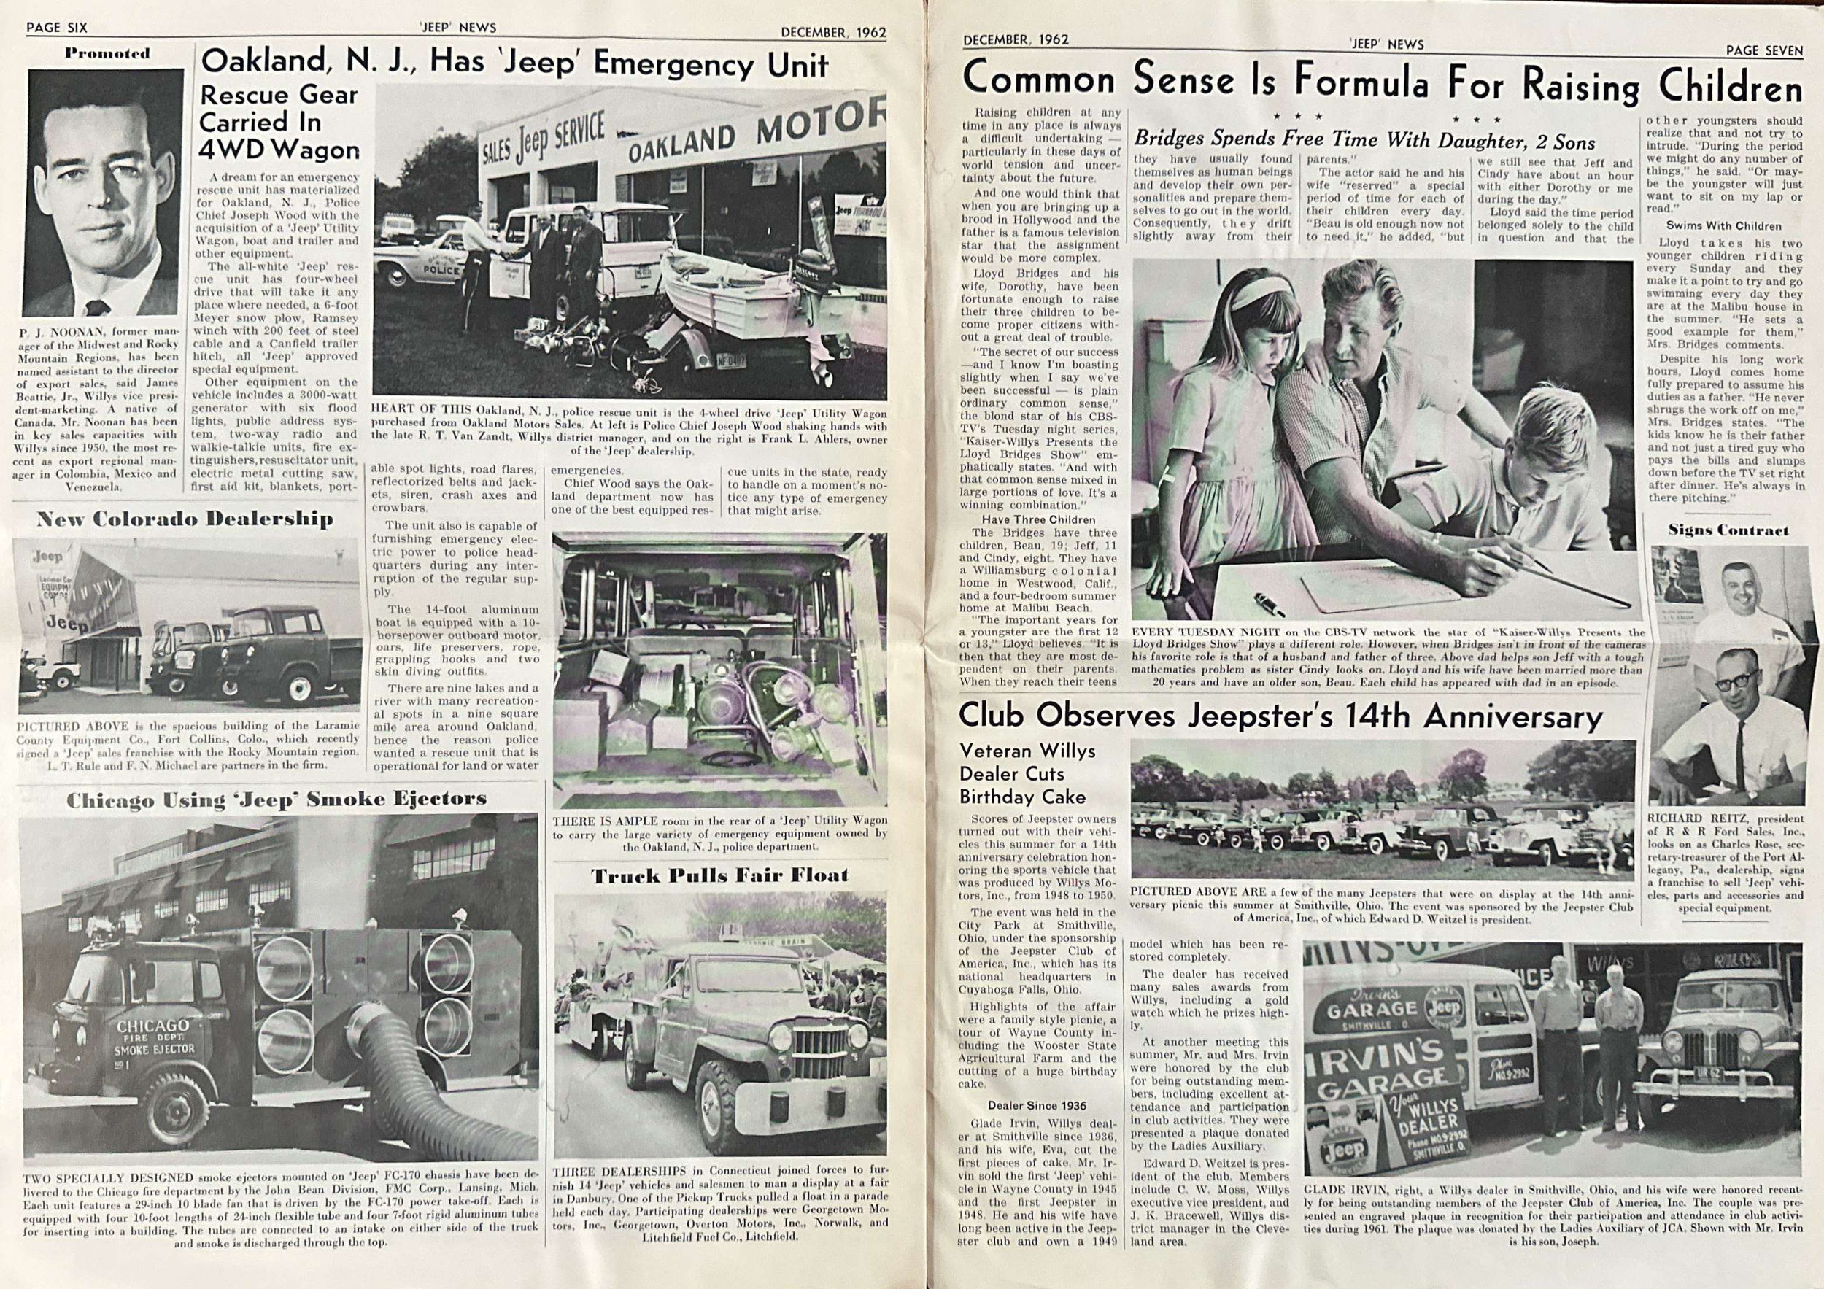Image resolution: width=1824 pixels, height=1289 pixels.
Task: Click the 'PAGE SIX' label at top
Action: pos(56,28)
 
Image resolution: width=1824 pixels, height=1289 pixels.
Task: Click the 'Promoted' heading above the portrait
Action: pos(107,54)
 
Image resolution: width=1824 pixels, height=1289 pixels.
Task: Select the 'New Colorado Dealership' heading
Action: pos(185,519)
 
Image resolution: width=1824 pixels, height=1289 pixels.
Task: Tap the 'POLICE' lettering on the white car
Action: pos(441,270)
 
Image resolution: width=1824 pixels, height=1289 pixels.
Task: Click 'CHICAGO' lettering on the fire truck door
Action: pos(152,1027)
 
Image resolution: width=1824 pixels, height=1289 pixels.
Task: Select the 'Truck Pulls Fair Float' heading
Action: pos(719,875)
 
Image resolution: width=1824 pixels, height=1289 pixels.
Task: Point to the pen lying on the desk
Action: pos(1270,603)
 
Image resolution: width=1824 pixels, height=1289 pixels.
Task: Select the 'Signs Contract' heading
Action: pos(1728,530)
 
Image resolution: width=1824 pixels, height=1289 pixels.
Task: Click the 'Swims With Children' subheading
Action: pos(1723,225)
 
